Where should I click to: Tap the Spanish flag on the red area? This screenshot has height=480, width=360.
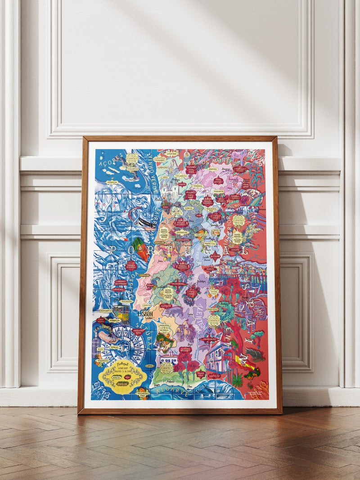tap(246, 363)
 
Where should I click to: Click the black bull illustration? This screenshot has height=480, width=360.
tap(254, 354)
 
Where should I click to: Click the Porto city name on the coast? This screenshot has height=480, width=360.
tap(157, 198)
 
